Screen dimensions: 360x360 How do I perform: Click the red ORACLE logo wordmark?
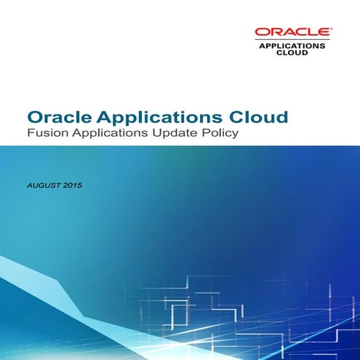point(292,31)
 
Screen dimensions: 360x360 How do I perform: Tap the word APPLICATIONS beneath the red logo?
point(292,45)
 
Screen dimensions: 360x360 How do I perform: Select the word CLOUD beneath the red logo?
point(292,52)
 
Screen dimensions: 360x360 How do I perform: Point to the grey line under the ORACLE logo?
point(292,39)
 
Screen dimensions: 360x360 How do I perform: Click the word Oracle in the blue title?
point(59,116)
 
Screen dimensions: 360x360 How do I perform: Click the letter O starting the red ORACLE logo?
point(260,31)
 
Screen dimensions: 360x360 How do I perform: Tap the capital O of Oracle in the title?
point(35,116)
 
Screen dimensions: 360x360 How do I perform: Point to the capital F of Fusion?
point(30,134)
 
